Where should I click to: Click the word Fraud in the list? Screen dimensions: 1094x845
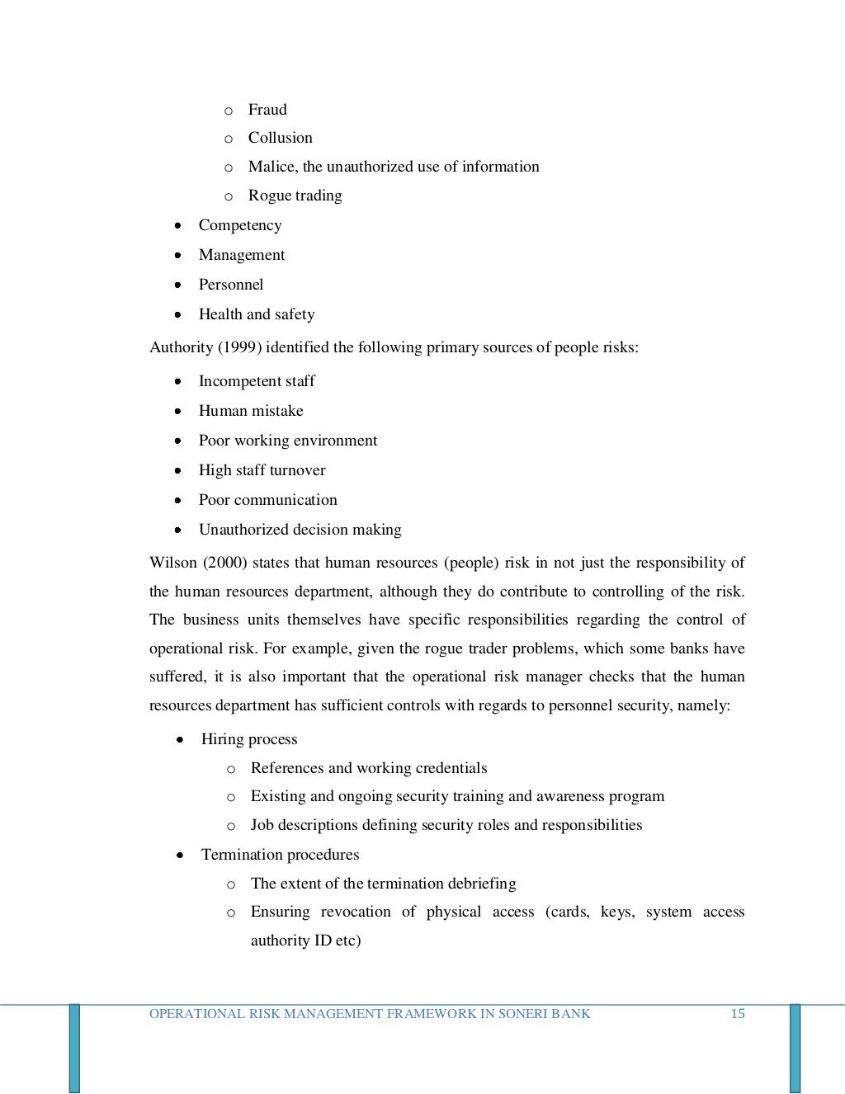pos(267,110)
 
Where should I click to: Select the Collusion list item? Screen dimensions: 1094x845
pos(280,138)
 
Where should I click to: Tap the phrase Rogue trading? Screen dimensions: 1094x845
pos(295,196)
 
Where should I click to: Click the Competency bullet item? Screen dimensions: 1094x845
pos(239,225)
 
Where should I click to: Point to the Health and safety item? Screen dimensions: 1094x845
pos(256,314)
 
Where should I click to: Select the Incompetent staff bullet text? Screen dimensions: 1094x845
pos(256,381)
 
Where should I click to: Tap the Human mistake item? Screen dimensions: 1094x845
pos(250,411)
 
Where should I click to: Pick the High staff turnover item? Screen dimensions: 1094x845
pos(262,470)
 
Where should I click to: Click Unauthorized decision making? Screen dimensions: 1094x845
pos(300,530)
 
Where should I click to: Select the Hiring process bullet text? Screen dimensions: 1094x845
pos(248,739)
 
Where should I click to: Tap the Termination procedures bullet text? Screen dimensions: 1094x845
pos(280,855)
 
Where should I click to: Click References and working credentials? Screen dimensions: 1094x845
pos(368,768)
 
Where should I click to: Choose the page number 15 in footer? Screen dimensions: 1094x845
pos(737,1014)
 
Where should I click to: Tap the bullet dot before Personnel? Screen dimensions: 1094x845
pos(178,285)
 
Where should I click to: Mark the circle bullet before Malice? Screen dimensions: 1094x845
pos(229,167)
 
